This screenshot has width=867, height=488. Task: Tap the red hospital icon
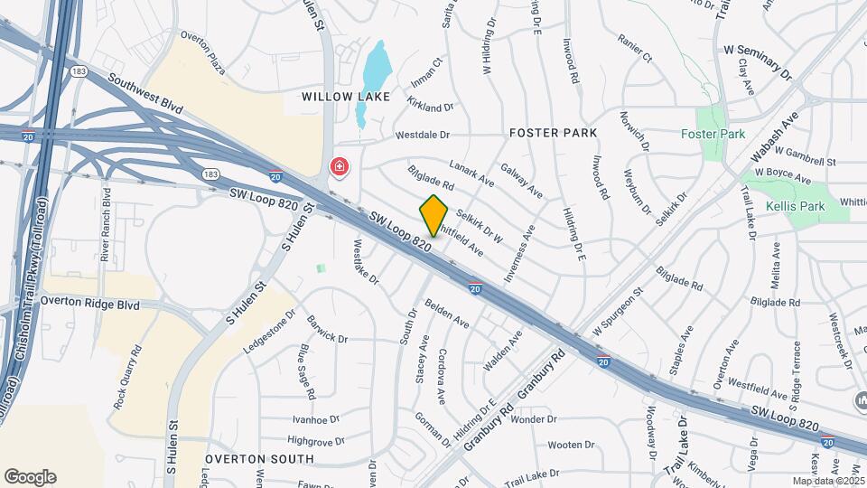coord(339,167)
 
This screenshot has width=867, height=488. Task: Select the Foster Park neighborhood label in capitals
coord(553,133)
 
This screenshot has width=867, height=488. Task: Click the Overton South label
coord(259,458)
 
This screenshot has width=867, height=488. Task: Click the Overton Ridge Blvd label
coord(90,305)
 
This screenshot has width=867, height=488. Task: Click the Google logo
coord(30,477)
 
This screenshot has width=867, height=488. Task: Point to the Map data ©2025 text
coord(827,481)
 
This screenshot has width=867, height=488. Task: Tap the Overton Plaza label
coord(203,37)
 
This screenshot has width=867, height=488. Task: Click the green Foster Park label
coord(713,134)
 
